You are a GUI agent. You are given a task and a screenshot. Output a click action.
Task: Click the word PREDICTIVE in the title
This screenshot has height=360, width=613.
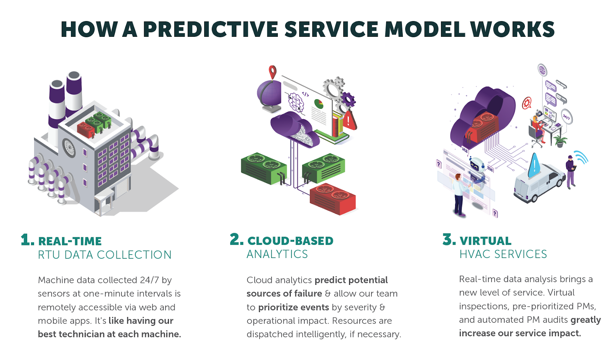[210, 29]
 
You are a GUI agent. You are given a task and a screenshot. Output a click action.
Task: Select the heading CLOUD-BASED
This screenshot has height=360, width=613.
[290, 241]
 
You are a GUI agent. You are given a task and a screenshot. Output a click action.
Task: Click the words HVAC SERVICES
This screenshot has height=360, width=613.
[503, 254]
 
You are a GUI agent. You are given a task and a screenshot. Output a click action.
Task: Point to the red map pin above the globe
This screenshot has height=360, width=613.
[272, 72]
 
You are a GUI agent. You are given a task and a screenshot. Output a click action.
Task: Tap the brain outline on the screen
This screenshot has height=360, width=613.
[296, 102]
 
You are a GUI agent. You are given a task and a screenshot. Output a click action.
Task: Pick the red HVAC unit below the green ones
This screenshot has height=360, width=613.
[333, 199]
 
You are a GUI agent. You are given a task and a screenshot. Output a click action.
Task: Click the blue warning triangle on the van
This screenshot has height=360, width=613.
[534, 165]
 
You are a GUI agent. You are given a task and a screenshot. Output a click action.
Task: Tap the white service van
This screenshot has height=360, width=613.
[539, 182]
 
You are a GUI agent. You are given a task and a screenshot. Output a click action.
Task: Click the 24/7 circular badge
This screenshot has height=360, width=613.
[567, 117]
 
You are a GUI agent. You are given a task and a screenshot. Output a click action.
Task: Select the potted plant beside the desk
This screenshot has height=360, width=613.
[560, 141]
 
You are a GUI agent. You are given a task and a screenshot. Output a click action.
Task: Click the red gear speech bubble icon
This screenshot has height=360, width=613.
[526, 103]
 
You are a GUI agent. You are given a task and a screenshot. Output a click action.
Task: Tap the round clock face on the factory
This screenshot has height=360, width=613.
[69, 148]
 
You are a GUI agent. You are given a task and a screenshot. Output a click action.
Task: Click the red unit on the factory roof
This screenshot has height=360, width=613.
[86, 130]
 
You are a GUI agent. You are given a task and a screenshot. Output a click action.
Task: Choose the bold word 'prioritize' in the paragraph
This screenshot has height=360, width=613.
[293, 307]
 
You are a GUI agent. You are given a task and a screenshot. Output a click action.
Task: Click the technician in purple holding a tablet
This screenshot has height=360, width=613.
[570, 172]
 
